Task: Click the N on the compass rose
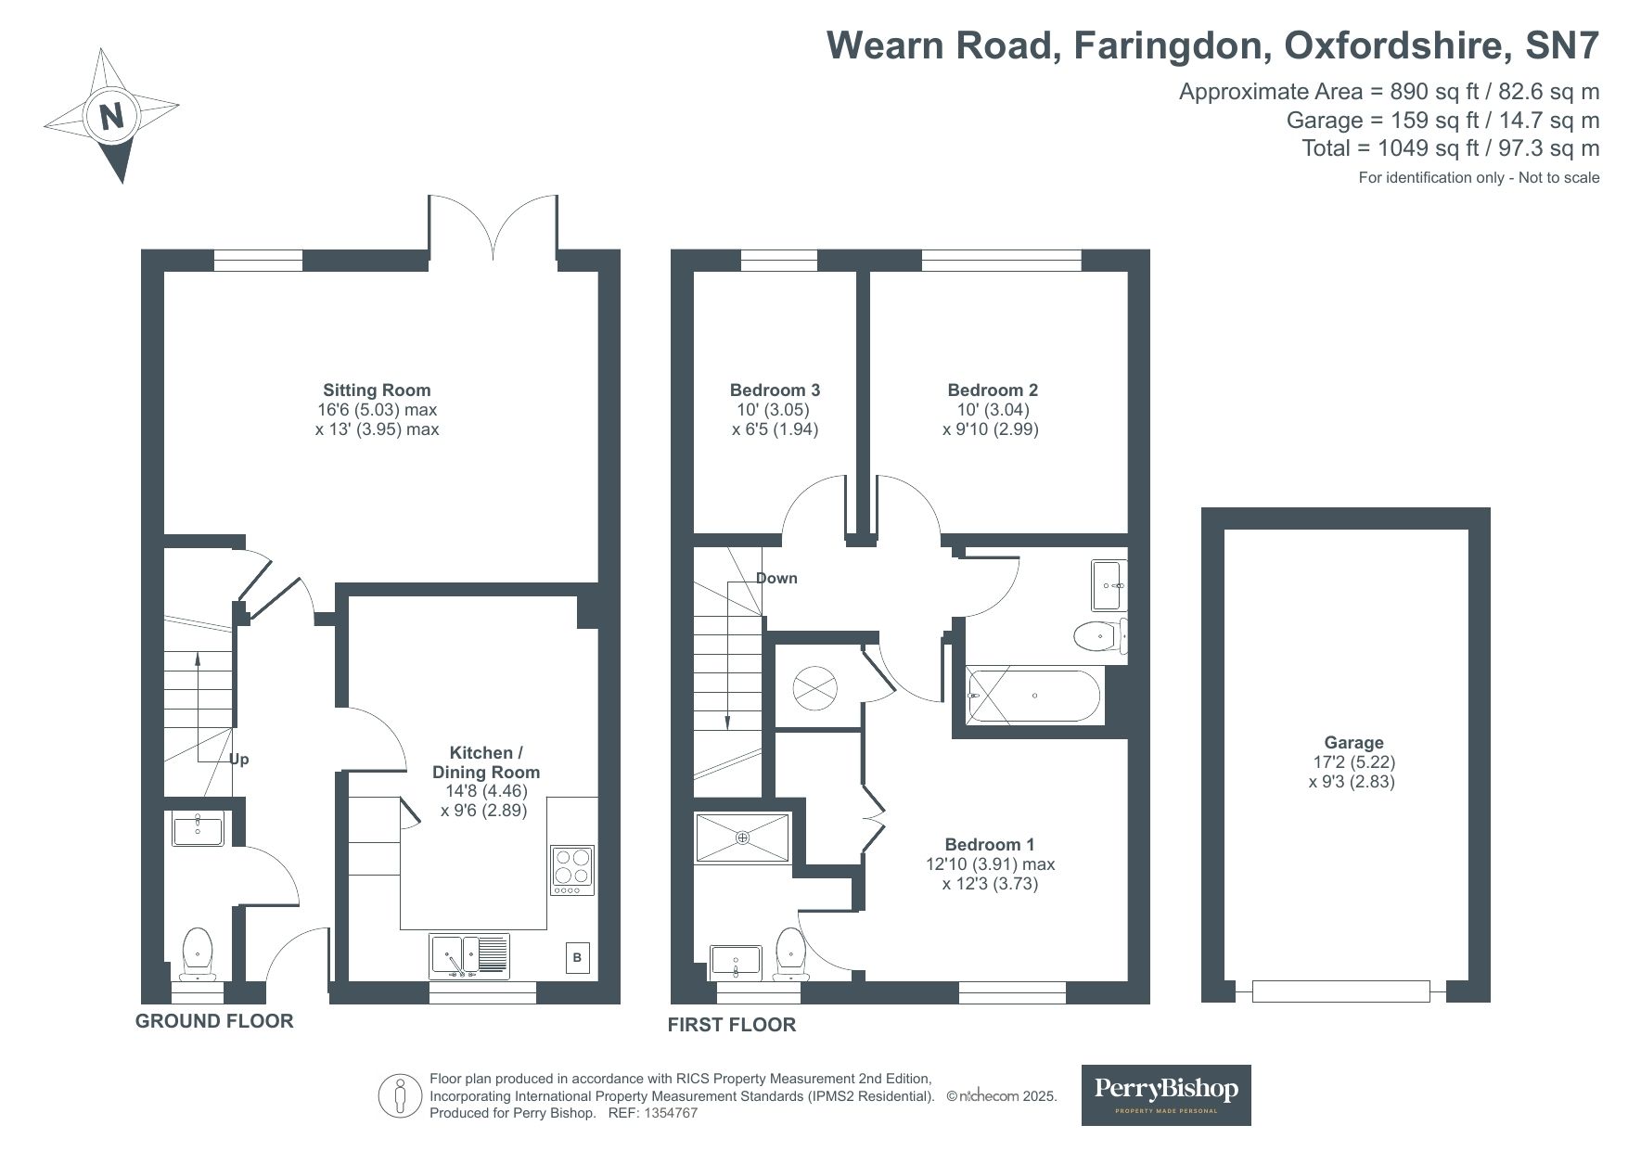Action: pyautogui.click(x=112, y=117)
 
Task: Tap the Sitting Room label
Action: pyautogui.click(x=377, y=390)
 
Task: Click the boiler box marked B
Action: pyautogui.click(x=577, y=957)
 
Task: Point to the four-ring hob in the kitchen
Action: pyautogui.click(x=572, y=870)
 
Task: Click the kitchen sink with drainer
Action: pyautogui.click(x=470, y=956)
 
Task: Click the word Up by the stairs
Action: pyautogui.click(x=239, y=760)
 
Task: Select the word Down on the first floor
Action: pyautogui.click(x=776, y=579)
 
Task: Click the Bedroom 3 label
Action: pyautogui.click(x=775, y=390)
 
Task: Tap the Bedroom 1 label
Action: pyautogui.click(x=990, y=845)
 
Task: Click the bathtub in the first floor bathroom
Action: pyautogui.click(x=1033, y=696)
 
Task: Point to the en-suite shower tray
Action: pyautogui.click(x=743, y=838)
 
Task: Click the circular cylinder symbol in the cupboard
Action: pyautogui.click(x=815, y=687)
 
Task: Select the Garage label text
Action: pyautogui.click(x=1353, y=743)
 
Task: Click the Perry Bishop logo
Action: pyautogui.click(x=1166, y=1095)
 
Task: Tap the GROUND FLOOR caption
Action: pyautogui.click(x=214, y=1021)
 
